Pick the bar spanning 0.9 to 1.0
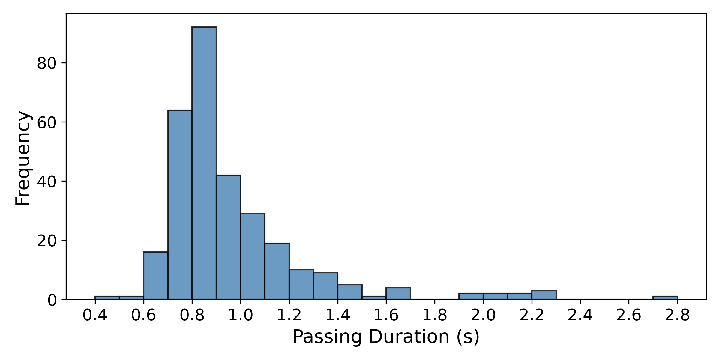pyautogui.click(x=228, y=237)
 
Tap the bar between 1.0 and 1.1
pyautogui.click(x=253, y=256)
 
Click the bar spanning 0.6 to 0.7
pyautogui.click(x=155, y=276)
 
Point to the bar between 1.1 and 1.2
pyautogui.click(x=277, y=271)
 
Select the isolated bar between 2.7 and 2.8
pyautogui.click(x=665, y=298)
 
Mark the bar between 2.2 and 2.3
pyautogui.click(x=544, y=295)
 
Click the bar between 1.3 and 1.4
pyautogui.click(x=325, y=286)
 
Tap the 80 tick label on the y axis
pyautogui.click(x=47, y=64)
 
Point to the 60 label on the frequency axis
pyautogui.click(x=47, y=123)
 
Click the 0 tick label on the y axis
pyautogui.click(x=52, y=301)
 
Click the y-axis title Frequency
pyautogui.click(x=23, y=158)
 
